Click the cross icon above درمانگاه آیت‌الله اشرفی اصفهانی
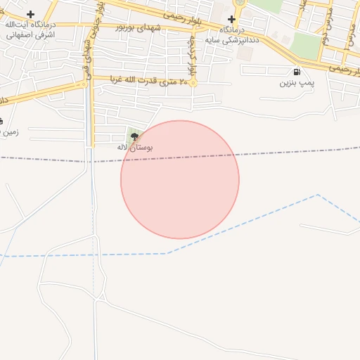pyautogui.click(x=30, y=14)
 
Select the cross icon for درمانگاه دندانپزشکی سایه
pyautogui.click(x=231, y=18)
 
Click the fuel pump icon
pyautogui.click(x=297, y=72)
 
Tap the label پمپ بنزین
pyautogui.click(x=295, y=83)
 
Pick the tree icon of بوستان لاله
pyautogui.click(x=134, y=137)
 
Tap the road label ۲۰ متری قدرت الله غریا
pyautogui.click(x=147, y=81)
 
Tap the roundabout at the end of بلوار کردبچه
pyautogui.click(x=193, y=82)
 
